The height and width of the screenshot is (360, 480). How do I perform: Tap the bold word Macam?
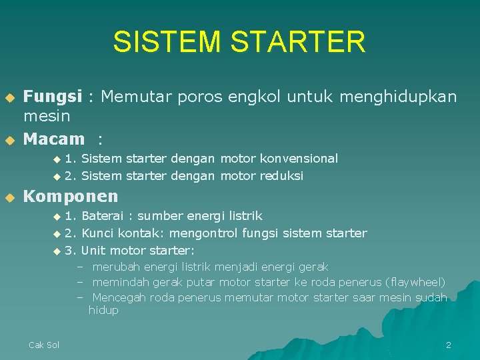[x=54, y=139]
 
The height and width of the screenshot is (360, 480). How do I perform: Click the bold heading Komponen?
[x=71, y=196]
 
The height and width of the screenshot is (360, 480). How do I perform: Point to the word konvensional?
[x=299, y=159]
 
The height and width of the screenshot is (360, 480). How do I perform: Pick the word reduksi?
[x=282, y=176]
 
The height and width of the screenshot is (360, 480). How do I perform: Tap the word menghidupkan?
[x=398, y=97]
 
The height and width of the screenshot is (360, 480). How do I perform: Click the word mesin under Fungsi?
[x=47, y=117]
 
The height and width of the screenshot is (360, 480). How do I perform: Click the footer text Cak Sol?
[x=44, y=345]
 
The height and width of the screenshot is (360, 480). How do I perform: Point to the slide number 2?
[x=448, y=345]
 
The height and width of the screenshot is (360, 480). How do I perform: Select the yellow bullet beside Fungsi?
[x=9, y=98]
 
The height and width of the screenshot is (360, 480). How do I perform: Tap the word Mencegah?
[x=117, y=297]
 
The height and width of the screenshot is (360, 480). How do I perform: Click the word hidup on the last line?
[x=103, y=311]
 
